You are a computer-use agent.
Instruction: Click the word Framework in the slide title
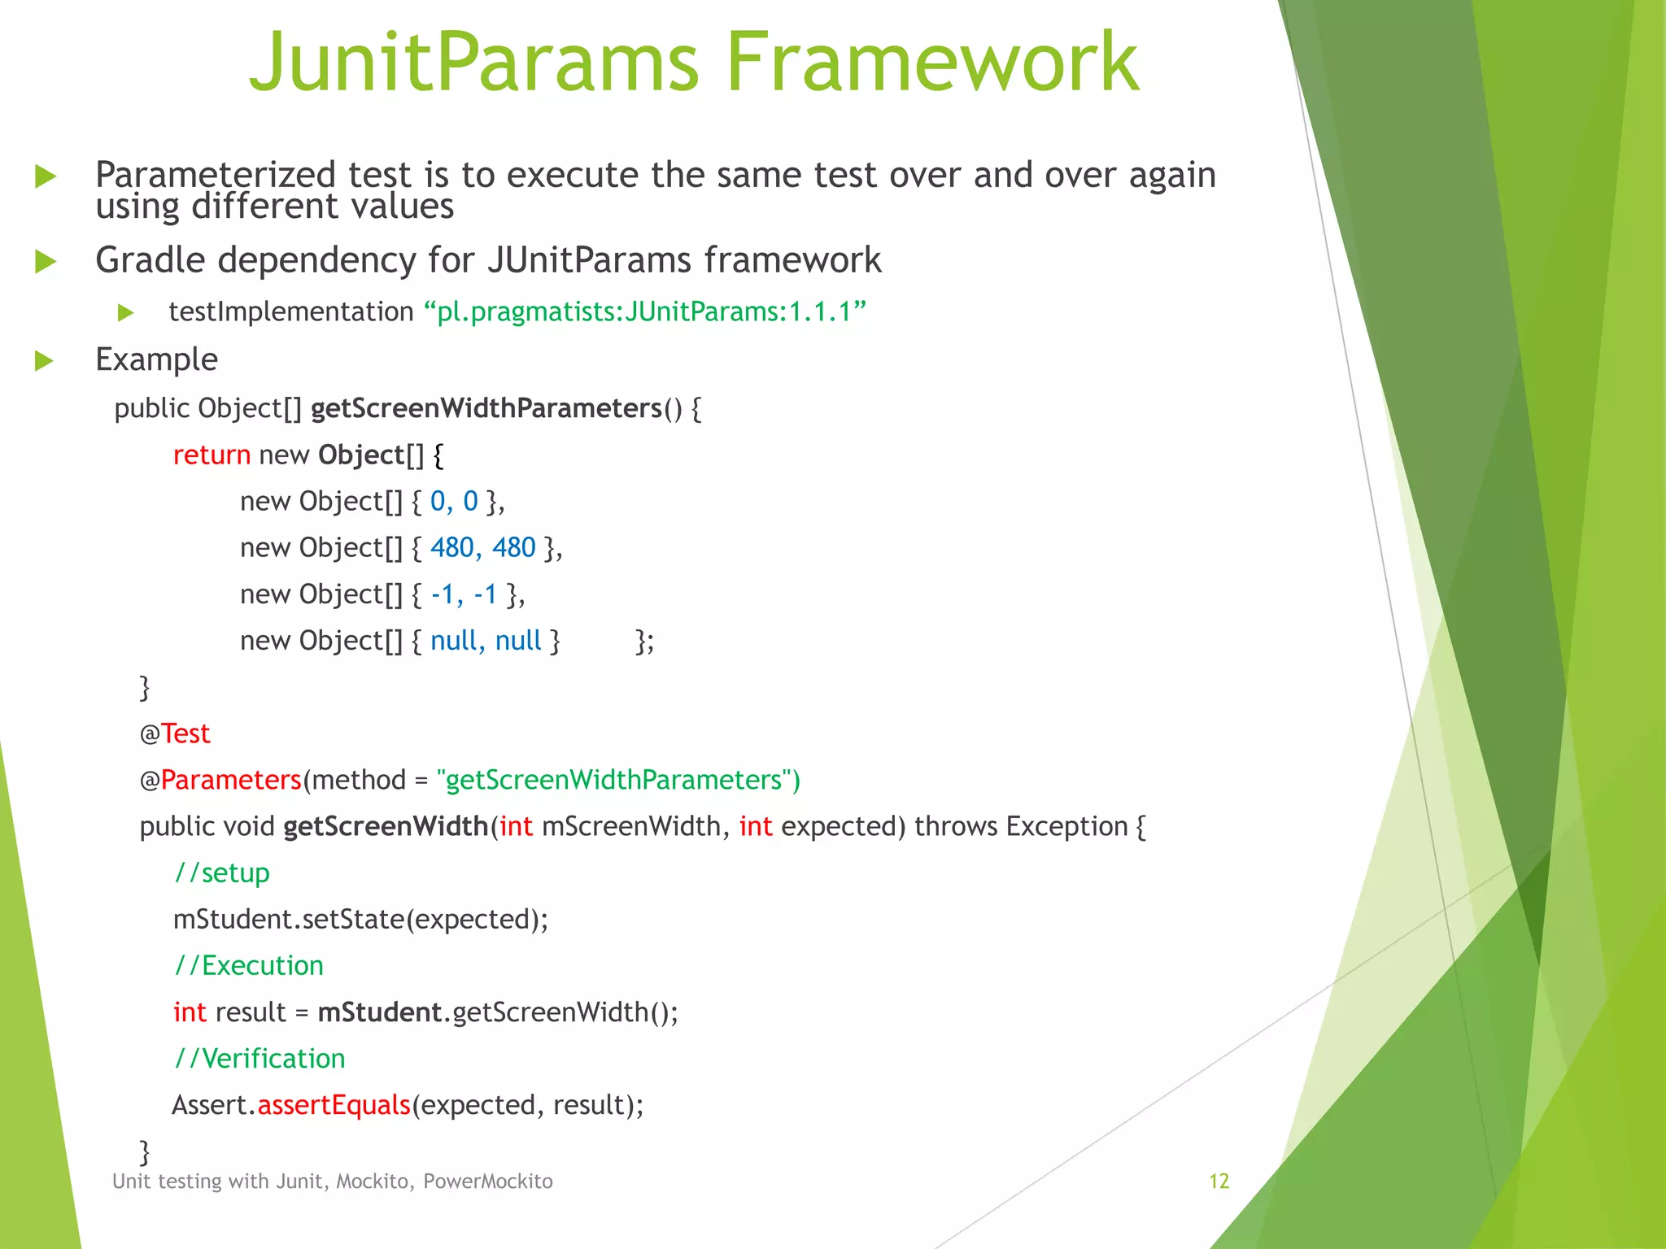tap(932, 62)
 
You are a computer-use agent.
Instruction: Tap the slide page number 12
tap(1219, 1182)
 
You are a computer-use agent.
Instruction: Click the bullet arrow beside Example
tap(45, 361)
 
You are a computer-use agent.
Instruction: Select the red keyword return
tap(212, 455)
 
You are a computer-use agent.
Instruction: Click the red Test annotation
tap(185, 733)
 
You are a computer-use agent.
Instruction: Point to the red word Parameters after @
tap(231, 780)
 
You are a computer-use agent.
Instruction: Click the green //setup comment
tap(222, 873)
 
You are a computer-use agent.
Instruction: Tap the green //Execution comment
tap(249, 965)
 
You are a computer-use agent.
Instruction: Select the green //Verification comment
tap(259, 1058)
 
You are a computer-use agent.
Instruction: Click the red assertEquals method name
tap(334, 1105)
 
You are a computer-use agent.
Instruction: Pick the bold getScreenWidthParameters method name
tap(486, 408)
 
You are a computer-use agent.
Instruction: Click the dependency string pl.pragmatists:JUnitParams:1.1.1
tap(645, 311)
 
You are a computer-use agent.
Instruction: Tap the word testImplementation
tap(291, 311)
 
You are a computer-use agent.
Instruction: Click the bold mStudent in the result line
tap(379, 1012)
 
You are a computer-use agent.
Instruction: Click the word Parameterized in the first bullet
tap(216, 176)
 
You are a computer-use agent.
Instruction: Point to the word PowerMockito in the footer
tap(488, 1182)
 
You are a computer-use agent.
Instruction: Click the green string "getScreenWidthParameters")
tap(618, 780)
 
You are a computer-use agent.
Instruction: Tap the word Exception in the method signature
tap(1066, 826)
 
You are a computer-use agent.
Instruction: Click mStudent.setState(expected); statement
tap(360, 919)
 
